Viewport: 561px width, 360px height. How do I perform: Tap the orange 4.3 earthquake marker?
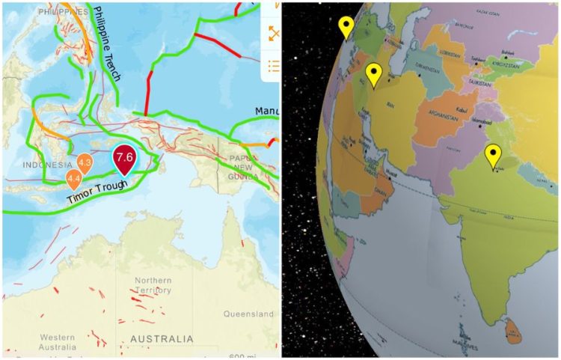click(x=85, y=162)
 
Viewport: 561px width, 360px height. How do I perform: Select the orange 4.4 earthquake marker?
click(x=73, y=178)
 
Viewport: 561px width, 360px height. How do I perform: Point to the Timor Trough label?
click(x=96, y=192)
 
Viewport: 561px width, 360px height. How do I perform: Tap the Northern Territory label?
click(x=153, y=285)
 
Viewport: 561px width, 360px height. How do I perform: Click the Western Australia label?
click(x=58, y=341)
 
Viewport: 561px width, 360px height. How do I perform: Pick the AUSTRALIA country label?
click(x=162, y=339)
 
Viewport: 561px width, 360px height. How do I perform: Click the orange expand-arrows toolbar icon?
click(x=274, y=34)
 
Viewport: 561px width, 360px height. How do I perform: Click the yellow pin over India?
click(x=492, y=156)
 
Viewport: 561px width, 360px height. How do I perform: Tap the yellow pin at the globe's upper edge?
click(x=346, y=26)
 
